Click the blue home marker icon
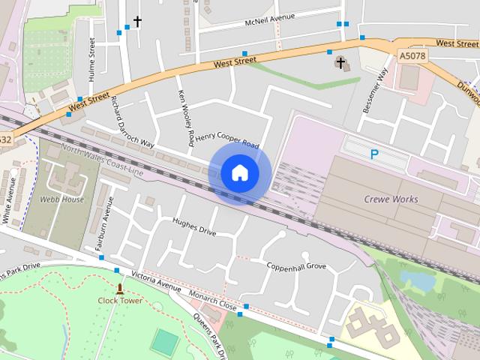tap(240, 172)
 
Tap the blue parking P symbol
tap(373, 154)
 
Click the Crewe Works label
tap(391, 199)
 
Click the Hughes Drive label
tap(194, 226)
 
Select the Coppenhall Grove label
tap(296, 266)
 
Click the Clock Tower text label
tap(120, 301)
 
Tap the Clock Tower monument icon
tap(120, 289)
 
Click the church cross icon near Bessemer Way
tap(340, 63)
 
